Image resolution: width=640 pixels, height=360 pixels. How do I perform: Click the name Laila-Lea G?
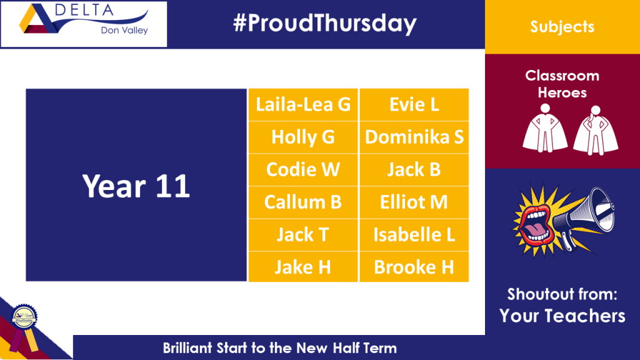(303, 104)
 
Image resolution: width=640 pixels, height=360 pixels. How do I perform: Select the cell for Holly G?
(303, 137)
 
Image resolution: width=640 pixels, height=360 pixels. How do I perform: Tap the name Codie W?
(303, 170)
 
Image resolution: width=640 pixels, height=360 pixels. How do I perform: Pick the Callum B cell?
(303, 202)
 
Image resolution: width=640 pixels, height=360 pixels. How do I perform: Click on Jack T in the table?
(303, 235)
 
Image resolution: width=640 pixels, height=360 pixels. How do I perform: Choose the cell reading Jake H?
(303, 267)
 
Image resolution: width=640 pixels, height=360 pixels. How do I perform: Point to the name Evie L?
(414, 104)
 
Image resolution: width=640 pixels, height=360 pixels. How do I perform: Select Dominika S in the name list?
(414, 137)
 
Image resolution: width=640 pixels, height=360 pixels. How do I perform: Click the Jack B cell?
(414, 170)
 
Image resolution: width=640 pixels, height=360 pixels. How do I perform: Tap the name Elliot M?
(414, 202)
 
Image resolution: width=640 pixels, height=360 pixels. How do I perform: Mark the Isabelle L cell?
(414, 235)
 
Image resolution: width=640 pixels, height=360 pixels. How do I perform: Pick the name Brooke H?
(414, 267)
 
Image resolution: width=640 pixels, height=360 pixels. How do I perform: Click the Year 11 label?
(136, 186)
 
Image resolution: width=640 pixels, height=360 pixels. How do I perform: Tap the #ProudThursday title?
(325, 23)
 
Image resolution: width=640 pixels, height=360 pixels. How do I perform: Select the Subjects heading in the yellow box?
(562, 27)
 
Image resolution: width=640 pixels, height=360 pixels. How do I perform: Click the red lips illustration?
(534, 224)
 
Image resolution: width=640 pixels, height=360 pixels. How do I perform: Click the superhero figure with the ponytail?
(596, 130)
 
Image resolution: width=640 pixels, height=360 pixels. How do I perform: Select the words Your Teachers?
(562, 316)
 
